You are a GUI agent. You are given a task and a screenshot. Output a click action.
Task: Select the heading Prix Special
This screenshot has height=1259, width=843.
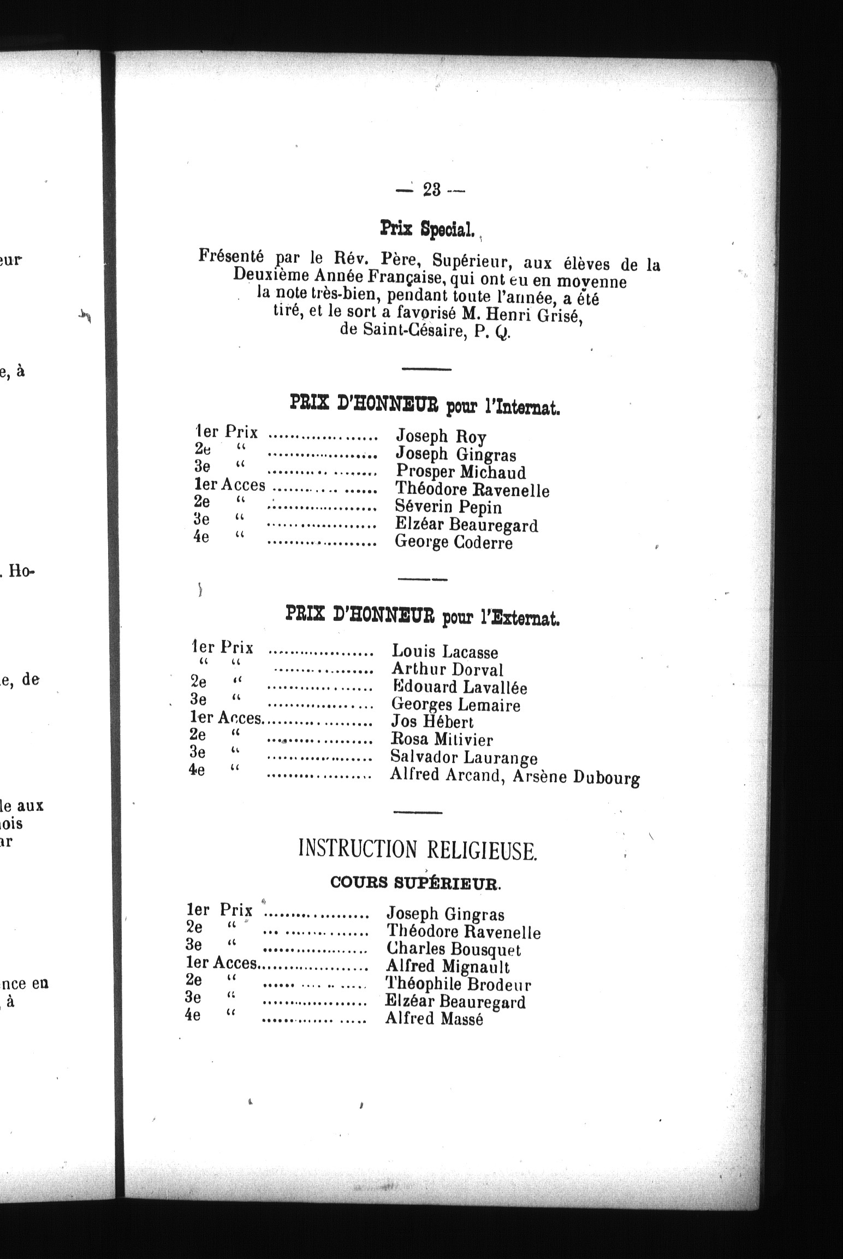tap(425, 229)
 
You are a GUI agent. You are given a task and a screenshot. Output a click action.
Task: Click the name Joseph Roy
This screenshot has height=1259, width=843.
tap(441, 436)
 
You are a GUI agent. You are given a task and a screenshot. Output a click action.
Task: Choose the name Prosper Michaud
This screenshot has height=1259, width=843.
tap(461, 472)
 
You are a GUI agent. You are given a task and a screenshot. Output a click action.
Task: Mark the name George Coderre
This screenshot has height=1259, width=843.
tap(454, 543)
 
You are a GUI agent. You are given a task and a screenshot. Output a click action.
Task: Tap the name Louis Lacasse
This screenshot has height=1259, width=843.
tap(445, 651)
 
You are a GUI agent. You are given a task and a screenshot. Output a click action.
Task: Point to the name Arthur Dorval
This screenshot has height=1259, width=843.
tap(447, 669)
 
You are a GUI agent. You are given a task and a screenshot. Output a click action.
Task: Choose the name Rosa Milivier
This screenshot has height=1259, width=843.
tap(442, 739)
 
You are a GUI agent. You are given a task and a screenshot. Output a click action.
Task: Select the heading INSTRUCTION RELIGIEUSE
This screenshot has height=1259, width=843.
tap(418, 850)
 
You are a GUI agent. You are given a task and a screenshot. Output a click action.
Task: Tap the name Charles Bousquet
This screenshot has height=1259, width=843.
tap(453, 950)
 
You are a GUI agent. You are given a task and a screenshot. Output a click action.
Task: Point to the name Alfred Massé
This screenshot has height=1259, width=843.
tap(434, 1019)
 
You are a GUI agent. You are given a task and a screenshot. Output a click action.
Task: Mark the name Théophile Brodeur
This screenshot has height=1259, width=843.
tap(458, 984)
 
